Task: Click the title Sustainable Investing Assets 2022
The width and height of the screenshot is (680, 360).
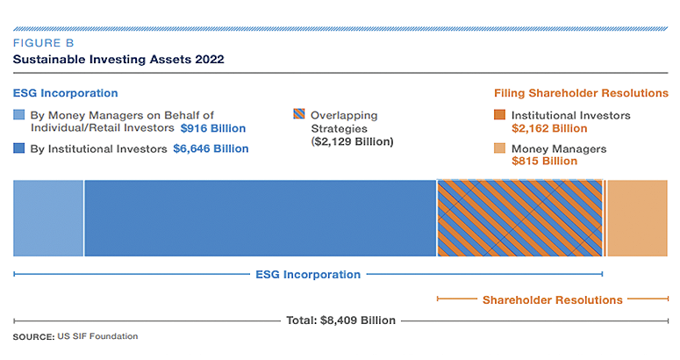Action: (x=118, y=60)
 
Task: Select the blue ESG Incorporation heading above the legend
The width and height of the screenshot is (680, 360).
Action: (x=65, y=93)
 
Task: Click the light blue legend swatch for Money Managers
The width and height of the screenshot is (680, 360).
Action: (x=19, y=115)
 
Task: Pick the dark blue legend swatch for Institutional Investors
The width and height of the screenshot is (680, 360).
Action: (x=19, y=148)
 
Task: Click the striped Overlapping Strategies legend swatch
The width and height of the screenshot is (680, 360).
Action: (x=299, y=115)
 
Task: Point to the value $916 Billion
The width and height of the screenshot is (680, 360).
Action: (x=213, y=128)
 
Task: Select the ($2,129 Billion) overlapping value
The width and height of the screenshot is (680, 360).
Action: (x=353, y=141)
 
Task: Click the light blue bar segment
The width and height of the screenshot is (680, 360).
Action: (x=48, y=218)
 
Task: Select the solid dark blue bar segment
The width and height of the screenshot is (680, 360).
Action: (x=260, y=218)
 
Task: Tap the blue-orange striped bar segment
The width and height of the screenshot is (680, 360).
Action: (x=520, y=218)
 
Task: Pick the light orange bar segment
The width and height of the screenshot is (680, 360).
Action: (x=637, y=218)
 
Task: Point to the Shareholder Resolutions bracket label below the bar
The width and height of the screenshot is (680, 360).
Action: (x=553, y=300)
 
